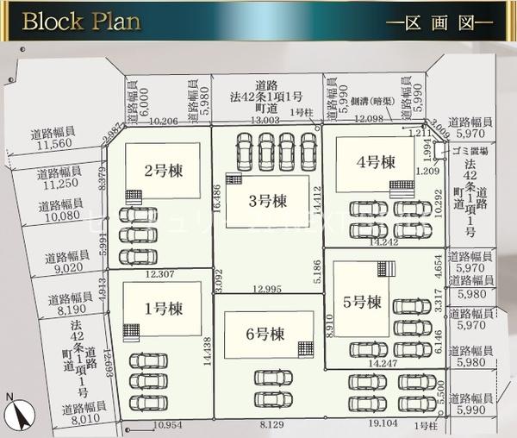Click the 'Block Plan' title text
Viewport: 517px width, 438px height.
pos(81,21)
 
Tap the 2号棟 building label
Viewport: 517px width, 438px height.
pos(162,171)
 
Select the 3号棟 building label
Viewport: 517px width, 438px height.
pos(267,202)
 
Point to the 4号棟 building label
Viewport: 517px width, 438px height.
pos(376,161)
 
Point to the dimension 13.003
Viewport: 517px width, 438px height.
pos(265,121)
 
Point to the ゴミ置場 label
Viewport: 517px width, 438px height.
pos(469,150)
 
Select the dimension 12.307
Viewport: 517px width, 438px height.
pos(161,274)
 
